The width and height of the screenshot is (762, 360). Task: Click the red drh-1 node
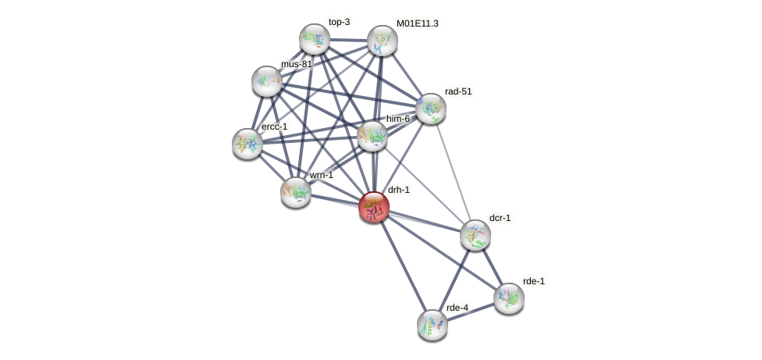coord(374,207)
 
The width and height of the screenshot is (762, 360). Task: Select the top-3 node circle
coord(315,39)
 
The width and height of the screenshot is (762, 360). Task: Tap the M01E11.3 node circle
coord(383,41)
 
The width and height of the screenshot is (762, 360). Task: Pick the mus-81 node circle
coord(266,81)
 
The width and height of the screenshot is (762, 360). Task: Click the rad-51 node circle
coord(430,109)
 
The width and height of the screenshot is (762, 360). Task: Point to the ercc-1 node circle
coord(247,144)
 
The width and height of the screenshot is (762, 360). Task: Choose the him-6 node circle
coord(372,136)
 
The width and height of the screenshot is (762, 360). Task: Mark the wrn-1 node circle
coord(296,192)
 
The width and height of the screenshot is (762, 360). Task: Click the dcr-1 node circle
coord(475,235)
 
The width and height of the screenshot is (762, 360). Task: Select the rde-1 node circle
coord(509,298)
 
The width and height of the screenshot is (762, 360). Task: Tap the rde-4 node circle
coord(432,325)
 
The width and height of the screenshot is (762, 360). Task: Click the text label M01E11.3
coord(417,23)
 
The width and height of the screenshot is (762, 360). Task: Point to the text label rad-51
coord(458,91)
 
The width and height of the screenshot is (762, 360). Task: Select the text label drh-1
coord(398,190)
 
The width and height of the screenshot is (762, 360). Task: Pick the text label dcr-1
coord(500,218)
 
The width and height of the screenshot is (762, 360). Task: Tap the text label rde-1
coord(534,281)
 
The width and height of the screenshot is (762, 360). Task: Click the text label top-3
coord(339,22)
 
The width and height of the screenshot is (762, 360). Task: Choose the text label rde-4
coord(457,308)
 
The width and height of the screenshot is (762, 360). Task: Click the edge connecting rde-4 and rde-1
coord(470,312)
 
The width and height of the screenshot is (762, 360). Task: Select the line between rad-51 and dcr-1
coord(453,173)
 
